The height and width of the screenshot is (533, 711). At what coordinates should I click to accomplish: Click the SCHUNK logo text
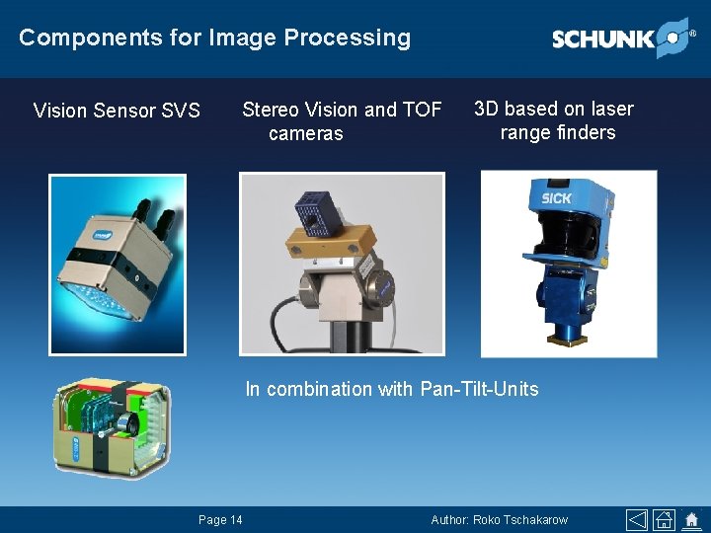pyautogui.click(x=602, y=39)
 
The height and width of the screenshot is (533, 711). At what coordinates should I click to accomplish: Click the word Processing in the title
pyautogui.click(x=347, y=38)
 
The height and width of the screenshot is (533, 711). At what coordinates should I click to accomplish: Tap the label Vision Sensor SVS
pyautogui.click(x=117, y=110)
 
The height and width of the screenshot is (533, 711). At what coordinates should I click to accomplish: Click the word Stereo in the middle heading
pyautogui.click(x=269, y=110)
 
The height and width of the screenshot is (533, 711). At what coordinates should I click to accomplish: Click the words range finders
pyautogui.click(x=557, y=133)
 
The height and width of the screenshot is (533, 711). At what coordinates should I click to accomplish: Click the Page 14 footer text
pyautogui.click(x=220, y=520)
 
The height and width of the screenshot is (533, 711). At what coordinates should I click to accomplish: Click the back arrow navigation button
pyautogui.click(x=638, y=520)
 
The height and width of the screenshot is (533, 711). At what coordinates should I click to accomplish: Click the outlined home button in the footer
pyautogui.click(x=665, y=520)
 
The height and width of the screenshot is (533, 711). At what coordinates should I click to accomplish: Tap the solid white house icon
pyautogui.click(x=691, y=520)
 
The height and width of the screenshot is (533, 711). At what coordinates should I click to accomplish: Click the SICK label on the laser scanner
pyautogui.click(x=556, y=198)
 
